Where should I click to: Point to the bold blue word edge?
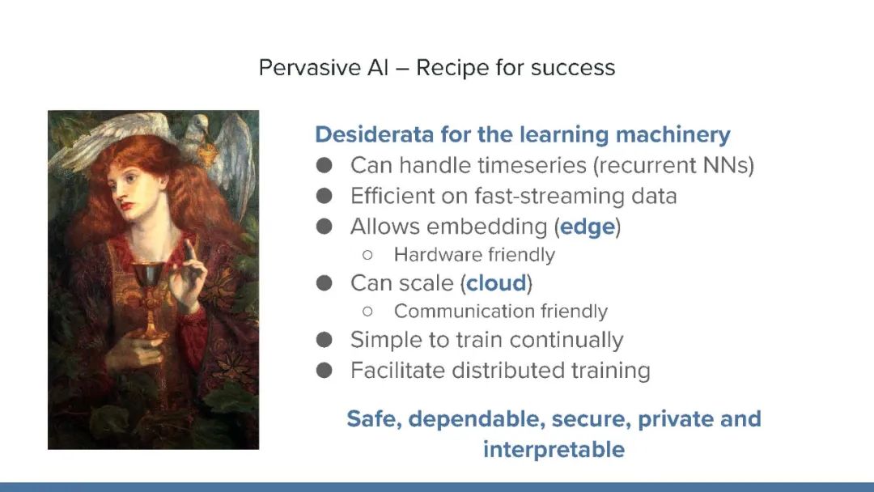[588, 227]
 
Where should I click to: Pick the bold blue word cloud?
[496, 283]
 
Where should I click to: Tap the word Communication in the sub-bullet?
[454, 311]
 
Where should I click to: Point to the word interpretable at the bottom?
[554, 450]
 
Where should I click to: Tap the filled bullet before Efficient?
[324, 196]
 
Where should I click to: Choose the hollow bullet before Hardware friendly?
[367, 255]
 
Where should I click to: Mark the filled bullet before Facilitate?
[324, 370]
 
